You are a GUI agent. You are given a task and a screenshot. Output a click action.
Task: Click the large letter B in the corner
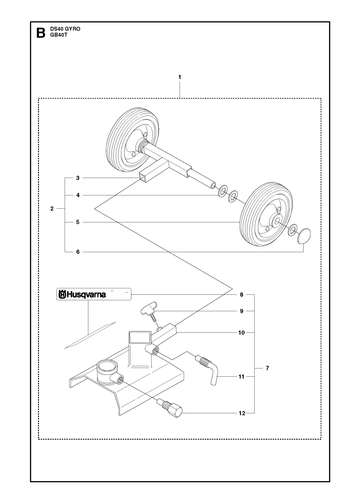pyautogui.click(x=41, y=33)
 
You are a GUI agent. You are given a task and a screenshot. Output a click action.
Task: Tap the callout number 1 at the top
pyautogui.click(x=180, y=77)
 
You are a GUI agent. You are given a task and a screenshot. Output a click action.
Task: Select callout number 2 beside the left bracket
pyautogui.click(x=52, y=209)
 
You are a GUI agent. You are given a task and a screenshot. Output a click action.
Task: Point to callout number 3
pyautogui.click(x=78, y=178)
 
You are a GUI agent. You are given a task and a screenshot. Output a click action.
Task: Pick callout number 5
pyautogui.click(x=78, y=222)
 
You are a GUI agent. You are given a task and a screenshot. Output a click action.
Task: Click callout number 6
pyautogui.click(x=78, y=252)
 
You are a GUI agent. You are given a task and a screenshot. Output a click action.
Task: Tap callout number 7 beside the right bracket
pyautogui.click(x=267, y=368)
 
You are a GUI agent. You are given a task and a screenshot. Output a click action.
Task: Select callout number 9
pyautogui.click(x=242, y=311)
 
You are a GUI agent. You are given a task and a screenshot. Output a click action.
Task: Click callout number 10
pyautogui.click(x=241, y=332)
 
